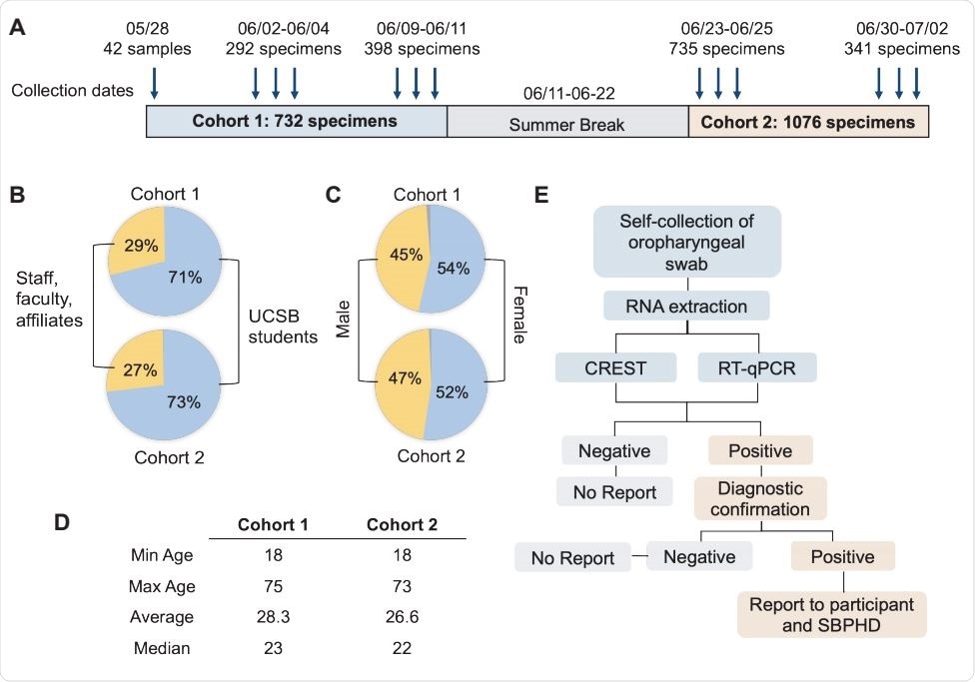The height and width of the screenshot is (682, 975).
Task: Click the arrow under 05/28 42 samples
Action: coord(154,83)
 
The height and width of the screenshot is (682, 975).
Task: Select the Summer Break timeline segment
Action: coord(566,124)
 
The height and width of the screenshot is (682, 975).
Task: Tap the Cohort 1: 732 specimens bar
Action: coord(297,122)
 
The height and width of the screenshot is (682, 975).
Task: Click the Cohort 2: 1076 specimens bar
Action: coord(807,122)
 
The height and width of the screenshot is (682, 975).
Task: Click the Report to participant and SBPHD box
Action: coord(832,615)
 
